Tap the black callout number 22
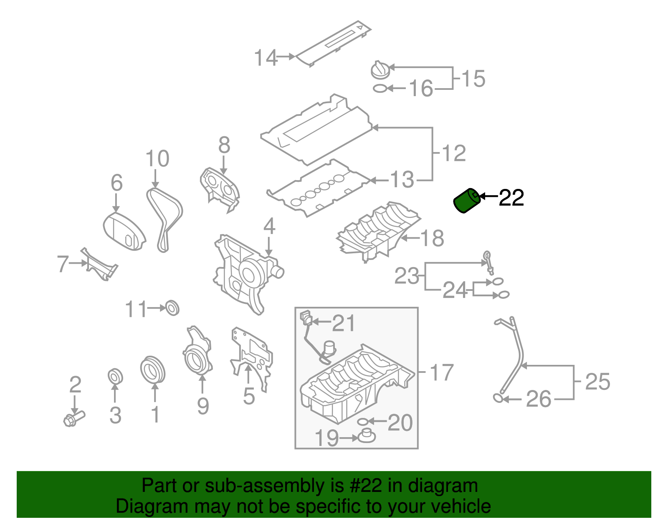[x=511, y=198]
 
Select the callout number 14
[x=266, y=58]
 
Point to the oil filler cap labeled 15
[x=380, y=70]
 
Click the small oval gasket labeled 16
[x=380, y=89]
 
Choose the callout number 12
[x=453, y=153]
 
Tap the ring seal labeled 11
[x=172, y=308]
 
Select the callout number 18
[x=432, y=238]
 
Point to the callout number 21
[x=343, y=323]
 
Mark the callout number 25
[x=597, y=382]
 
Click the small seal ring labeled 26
[x=498, y=397]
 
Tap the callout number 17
[x=441, y=372]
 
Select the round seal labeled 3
[x=115, y=376]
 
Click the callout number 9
[x=203, y=406]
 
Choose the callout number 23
[x=407, y=276]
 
